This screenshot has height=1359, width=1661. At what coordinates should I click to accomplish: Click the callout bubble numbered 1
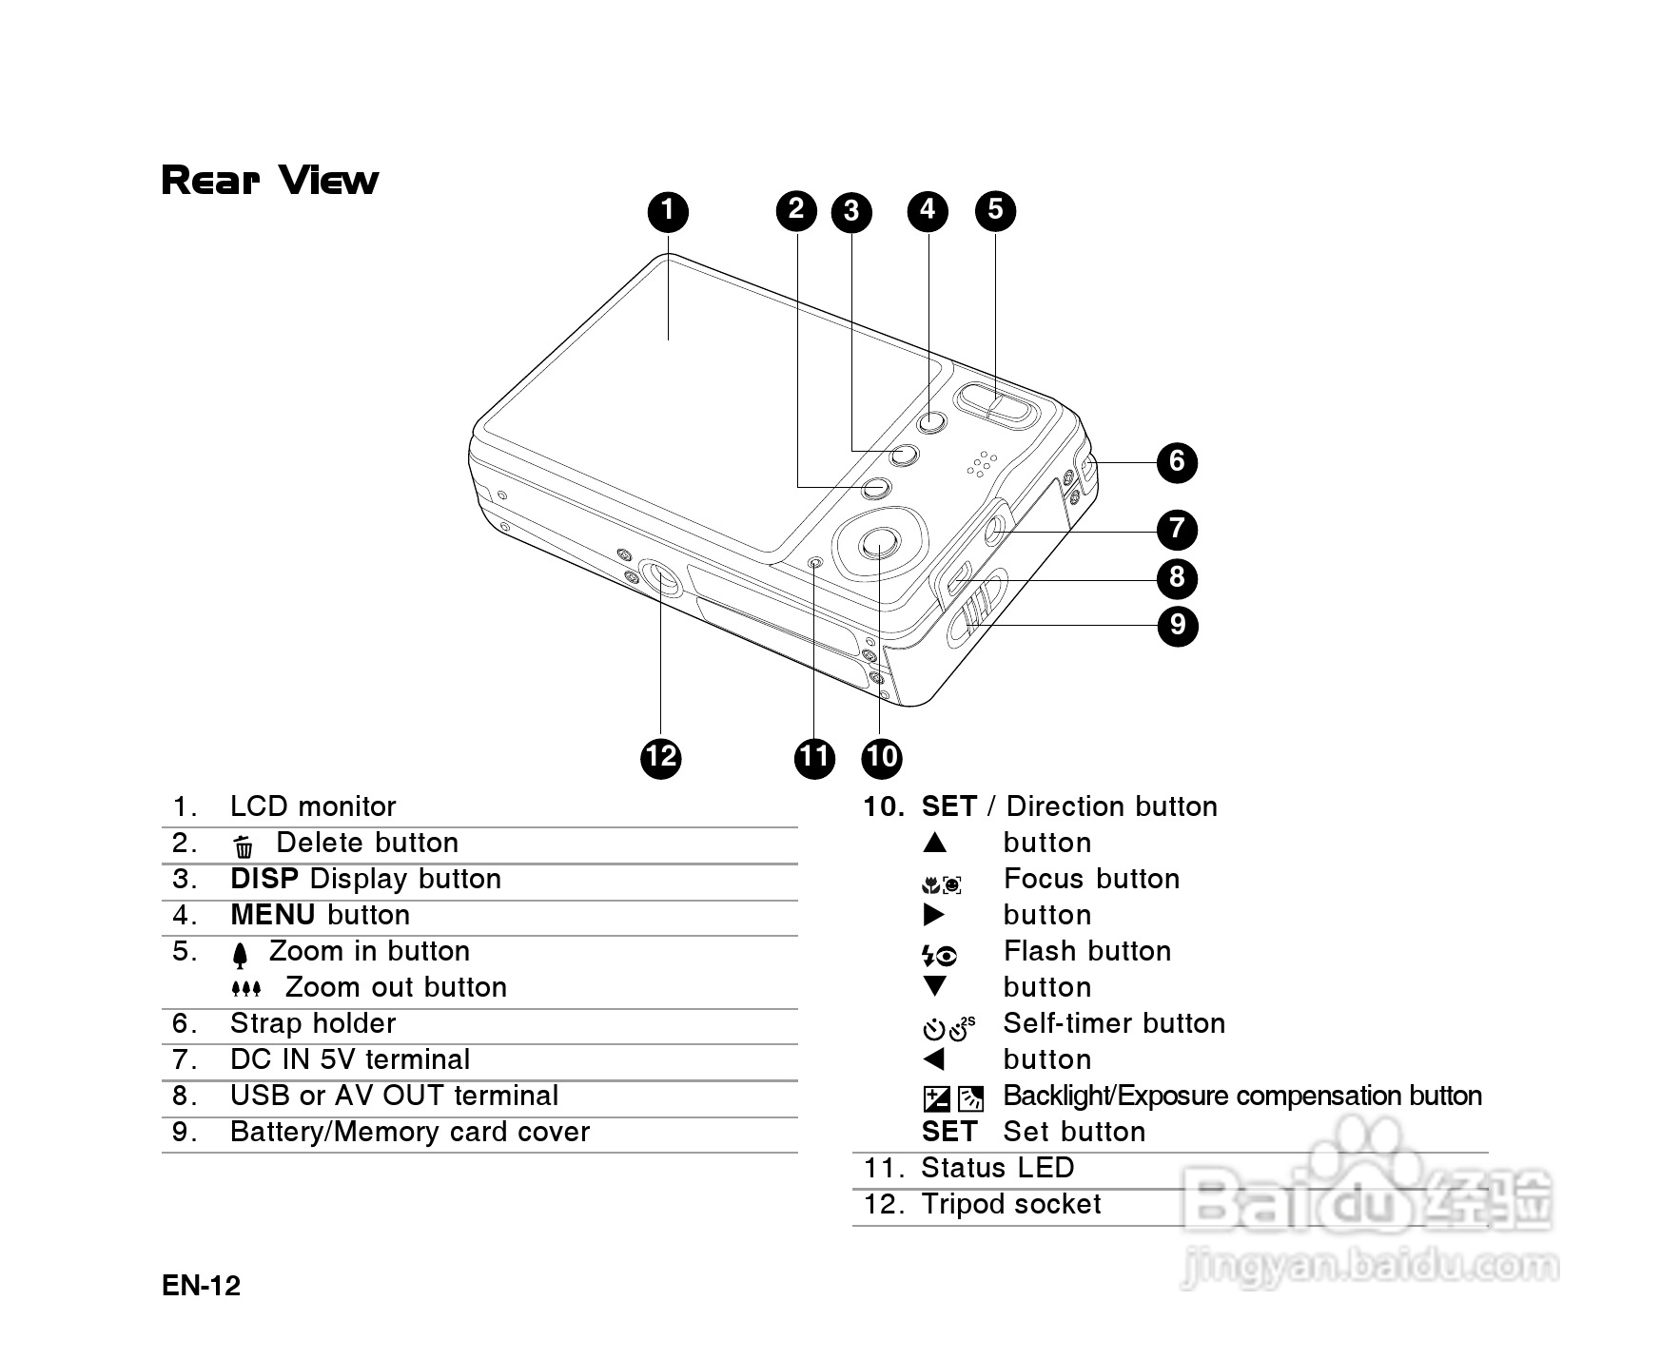pyautogui.click(x=669, y=211)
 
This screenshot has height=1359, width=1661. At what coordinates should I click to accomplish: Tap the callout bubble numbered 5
pyautogui.click(x=995, y=209)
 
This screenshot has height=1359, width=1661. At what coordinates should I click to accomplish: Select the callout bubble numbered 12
pyautogui.click(x=661, y=758)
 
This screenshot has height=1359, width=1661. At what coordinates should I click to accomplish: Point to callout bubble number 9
pyautogui.click(x=1178, y=626)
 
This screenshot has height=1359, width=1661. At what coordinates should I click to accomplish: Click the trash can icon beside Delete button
pyautogui.click(x=244, y=845)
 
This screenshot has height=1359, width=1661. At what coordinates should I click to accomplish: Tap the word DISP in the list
pyautogui.click(x=264, y=879)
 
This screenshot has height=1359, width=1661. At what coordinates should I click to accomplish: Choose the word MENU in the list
pyautogui.click(x=273, y=915)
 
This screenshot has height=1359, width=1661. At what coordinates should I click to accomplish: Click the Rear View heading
pyautogui.click(x=270, y=180)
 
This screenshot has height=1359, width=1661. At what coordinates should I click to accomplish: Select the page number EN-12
pyautogui.click(x=202, y=1286)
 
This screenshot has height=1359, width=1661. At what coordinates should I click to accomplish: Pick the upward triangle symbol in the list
pyautogui.click(x=935, y=843)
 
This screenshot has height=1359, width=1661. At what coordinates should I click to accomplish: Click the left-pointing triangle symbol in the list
pyautogui.click(x=935, y=1058)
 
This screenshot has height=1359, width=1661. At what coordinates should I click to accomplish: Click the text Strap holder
pyautogui.click(x=313, y=1023)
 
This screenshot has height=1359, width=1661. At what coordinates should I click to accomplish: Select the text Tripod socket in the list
pyautogui.click(x=1011, y=1204)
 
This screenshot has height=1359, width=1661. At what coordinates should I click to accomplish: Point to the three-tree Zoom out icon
pyautogui.click(x=246, y=989)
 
